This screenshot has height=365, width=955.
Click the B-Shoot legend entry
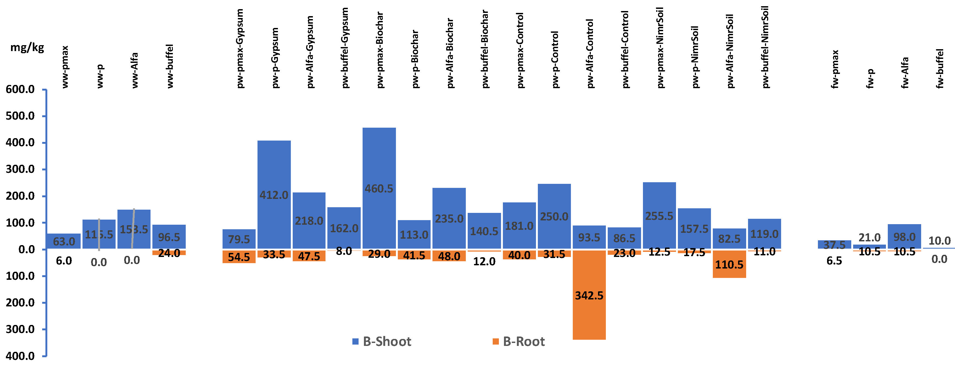tap(382, 341)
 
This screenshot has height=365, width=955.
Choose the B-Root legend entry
tap(519, 341)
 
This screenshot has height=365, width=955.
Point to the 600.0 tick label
tap(20, 89)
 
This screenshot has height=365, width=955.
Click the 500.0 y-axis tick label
tap(20, 116)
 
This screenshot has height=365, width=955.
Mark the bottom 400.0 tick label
tap(20, 356)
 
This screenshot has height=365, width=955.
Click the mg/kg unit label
tap(27, 47)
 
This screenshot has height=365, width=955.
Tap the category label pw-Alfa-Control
tap(590, 54)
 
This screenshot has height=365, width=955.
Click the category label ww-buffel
tap(170, 66)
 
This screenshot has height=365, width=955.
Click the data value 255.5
tap(659, 216)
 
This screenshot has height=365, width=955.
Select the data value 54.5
tap(239, 257)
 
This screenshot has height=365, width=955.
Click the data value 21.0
tap(869, 238)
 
